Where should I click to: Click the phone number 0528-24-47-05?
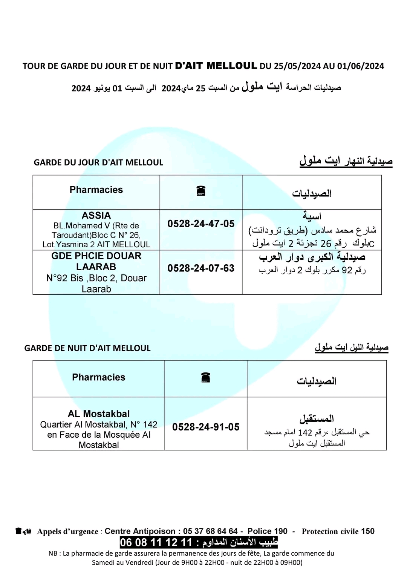pos(201,224)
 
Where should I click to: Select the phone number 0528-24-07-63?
pos(201,268)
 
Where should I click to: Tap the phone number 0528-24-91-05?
pos(206,427)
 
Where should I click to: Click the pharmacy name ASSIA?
pos(96,215)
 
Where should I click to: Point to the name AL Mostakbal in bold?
pos(99,414)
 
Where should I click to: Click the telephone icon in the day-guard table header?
pos(201,191)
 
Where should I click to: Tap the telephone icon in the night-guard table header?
pos(205,377)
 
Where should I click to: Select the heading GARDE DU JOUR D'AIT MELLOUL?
pos(98,162)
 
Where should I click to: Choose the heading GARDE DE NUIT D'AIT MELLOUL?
pos(87,348)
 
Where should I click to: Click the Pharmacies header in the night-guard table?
pos(99,377)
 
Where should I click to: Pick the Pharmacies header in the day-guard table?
pos(96,190)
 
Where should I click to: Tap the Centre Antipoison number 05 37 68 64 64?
pos(210,531)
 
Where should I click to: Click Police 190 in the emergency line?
pos(267,531)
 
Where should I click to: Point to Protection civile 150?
pos(338,531)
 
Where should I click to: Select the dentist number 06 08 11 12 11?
pos(156,542)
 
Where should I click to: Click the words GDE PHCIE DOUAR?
pos(96,256)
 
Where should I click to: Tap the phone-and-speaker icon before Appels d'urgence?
pos(23,531)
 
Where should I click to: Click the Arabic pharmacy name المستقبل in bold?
pos(317,418)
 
